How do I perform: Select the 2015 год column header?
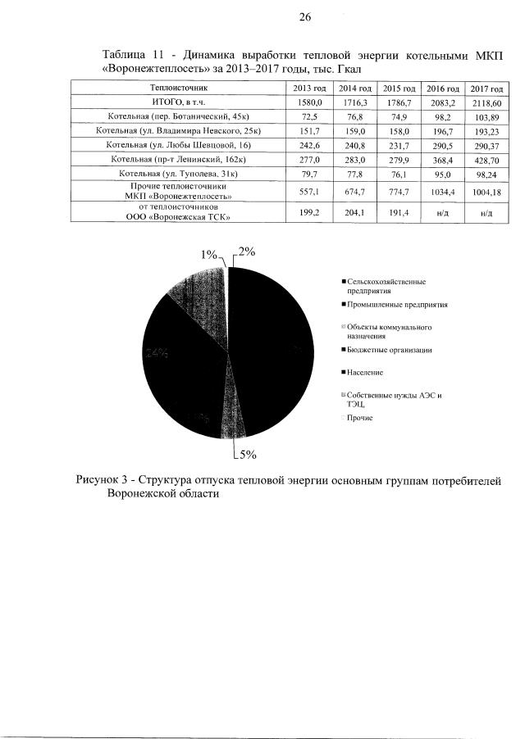click(399, 87)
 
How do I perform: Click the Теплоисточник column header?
click(178, 87)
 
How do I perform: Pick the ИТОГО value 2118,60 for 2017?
click(486, 102)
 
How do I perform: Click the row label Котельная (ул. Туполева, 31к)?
click(178, 174)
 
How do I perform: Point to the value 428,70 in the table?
click(486, 159)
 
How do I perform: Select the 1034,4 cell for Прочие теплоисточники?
click(443, 193)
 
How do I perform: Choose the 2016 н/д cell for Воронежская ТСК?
click(443, 212)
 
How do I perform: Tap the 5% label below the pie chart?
click(247, 453)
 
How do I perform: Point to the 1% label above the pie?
click(210, 255)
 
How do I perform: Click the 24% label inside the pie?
click(157, 353)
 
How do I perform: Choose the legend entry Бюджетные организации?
click(388, 350)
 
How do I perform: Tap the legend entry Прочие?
click(359, 418)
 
